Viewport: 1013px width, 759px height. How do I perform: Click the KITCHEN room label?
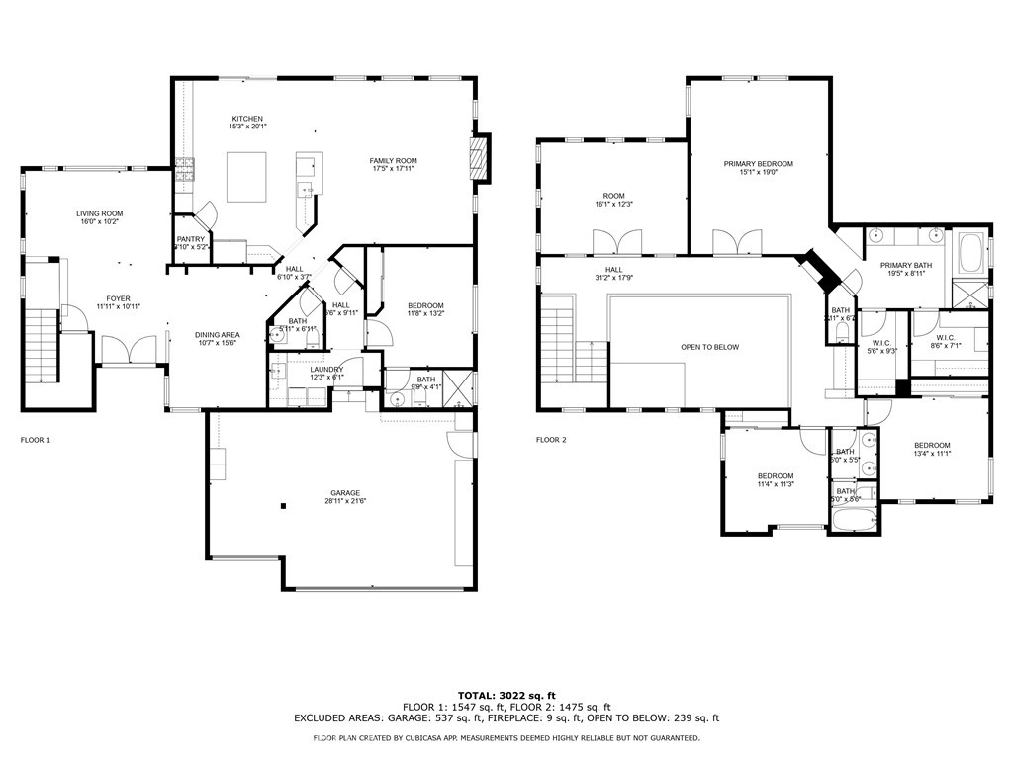247,119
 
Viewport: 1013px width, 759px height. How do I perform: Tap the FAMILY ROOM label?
394,161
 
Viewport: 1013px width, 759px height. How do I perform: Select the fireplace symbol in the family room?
480,158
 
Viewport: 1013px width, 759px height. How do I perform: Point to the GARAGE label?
345,493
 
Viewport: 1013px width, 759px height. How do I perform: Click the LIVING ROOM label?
100,213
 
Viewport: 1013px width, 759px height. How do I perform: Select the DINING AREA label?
217,335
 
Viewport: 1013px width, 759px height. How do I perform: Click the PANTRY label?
191,239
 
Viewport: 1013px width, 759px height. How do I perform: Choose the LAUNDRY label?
326,369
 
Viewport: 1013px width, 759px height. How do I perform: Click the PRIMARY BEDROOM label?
759,164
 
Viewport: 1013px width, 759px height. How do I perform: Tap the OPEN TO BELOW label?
709,347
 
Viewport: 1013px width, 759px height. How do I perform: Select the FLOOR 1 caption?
36,439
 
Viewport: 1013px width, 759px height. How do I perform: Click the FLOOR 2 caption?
551,440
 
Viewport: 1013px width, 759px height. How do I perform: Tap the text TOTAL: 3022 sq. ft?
506,695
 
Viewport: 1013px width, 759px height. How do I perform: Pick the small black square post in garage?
284,506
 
